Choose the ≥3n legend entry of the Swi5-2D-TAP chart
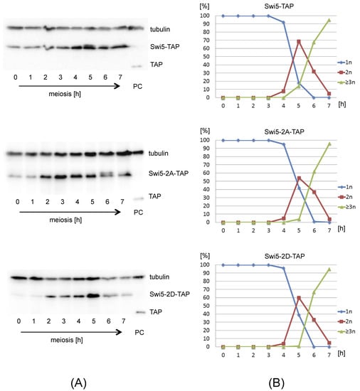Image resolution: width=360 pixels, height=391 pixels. (346, 332)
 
